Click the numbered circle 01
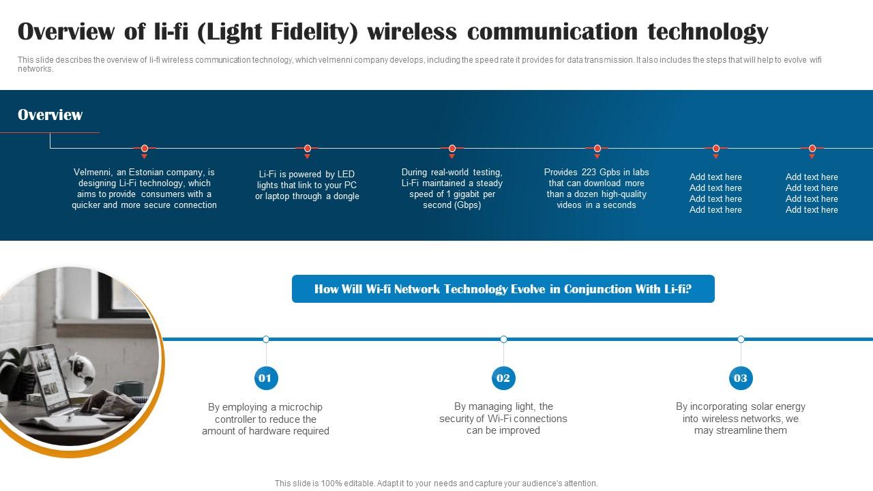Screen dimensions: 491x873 click(265, 378)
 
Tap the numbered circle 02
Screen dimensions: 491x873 click(503, 378)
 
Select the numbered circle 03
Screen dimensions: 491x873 click(741, 378)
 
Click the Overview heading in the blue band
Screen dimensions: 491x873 click(50, 115)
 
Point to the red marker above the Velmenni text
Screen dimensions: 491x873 click(145, 148)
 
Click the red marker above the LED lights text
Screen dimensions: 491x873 click(308, 148)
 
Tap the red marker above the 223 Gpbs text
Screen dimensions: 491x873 click(597, 148)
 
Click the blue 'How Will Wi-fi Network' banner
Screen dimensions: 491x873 click(503, 289)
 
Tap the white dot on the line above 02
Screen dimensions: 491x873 click(503, 339)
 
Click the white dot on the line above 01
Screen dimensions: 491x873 click(266, 339)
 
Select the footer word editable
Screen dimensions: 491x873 click(355, 483)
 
